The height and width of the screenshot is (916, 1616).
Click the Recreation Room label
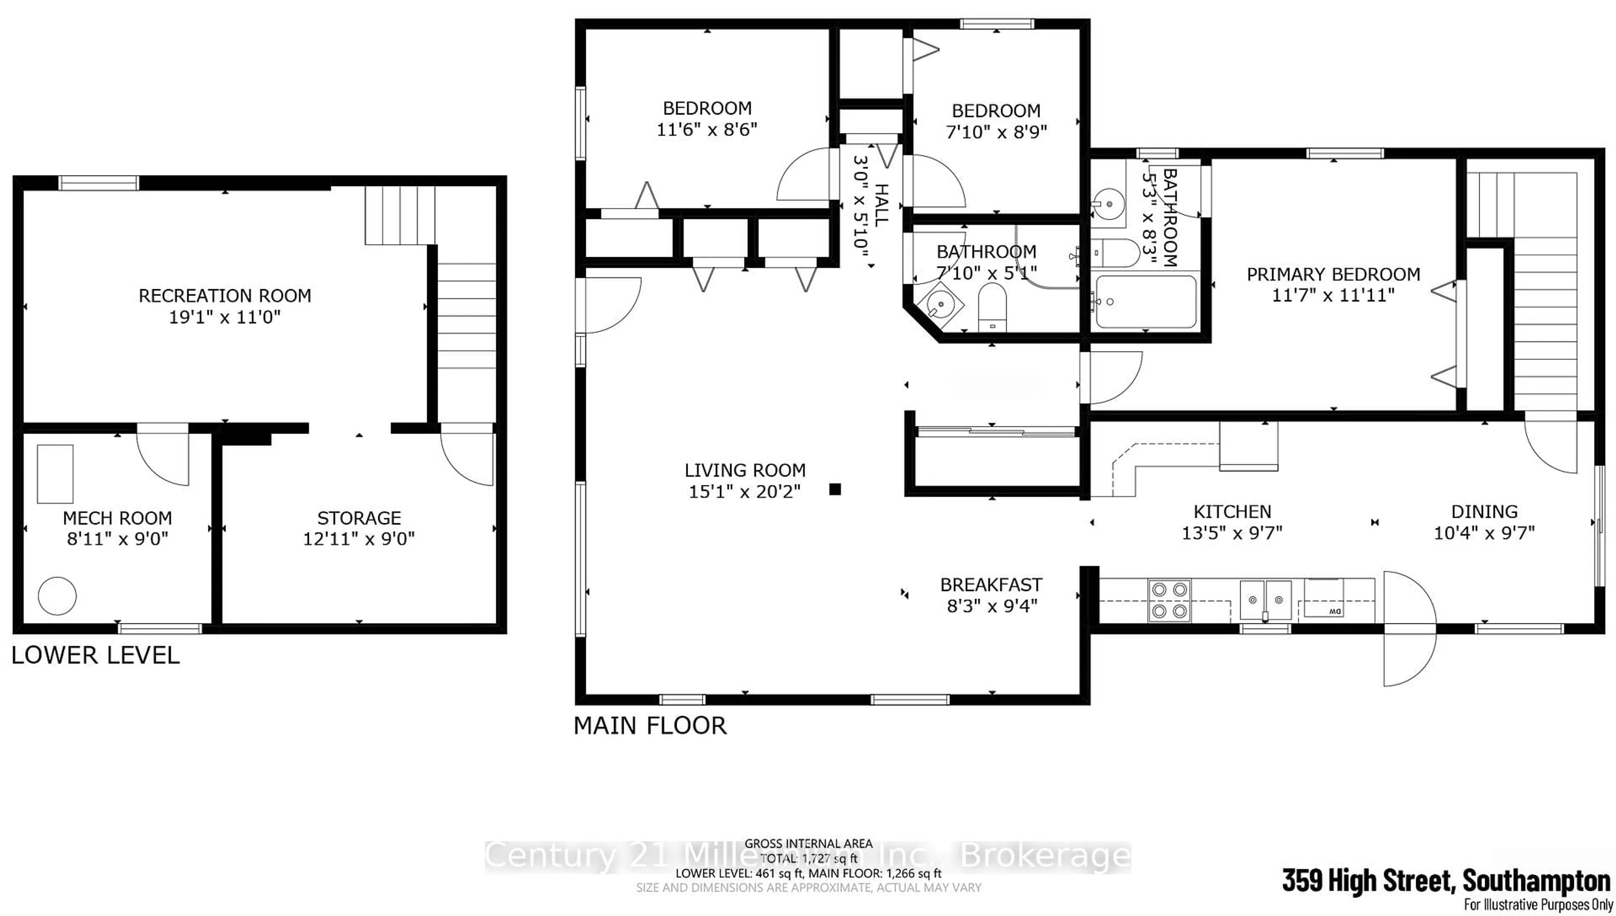click(224, 296)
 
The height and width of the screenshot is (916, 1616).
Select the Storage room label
click(359, 518)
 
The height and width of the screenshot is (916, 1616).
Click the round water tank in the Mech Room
click(57, 595)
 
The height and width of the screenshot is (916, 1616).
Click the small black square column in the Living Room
click(835, 489)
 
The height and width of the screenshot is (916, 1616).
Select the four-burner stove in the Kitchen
click(1169, 600)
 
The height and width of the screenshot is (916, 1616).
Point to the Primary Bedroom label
click(1333, 274)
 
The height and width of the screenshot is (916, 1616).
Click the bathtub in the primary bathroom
click(1145, 302)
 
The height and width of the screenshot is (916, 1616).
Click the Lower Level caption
click(96, 655)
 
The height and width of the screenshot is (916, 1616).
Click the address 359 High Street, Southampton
click(1446, 880)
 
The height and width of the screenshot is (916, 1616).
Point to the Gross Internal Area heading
click(808, 844)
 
